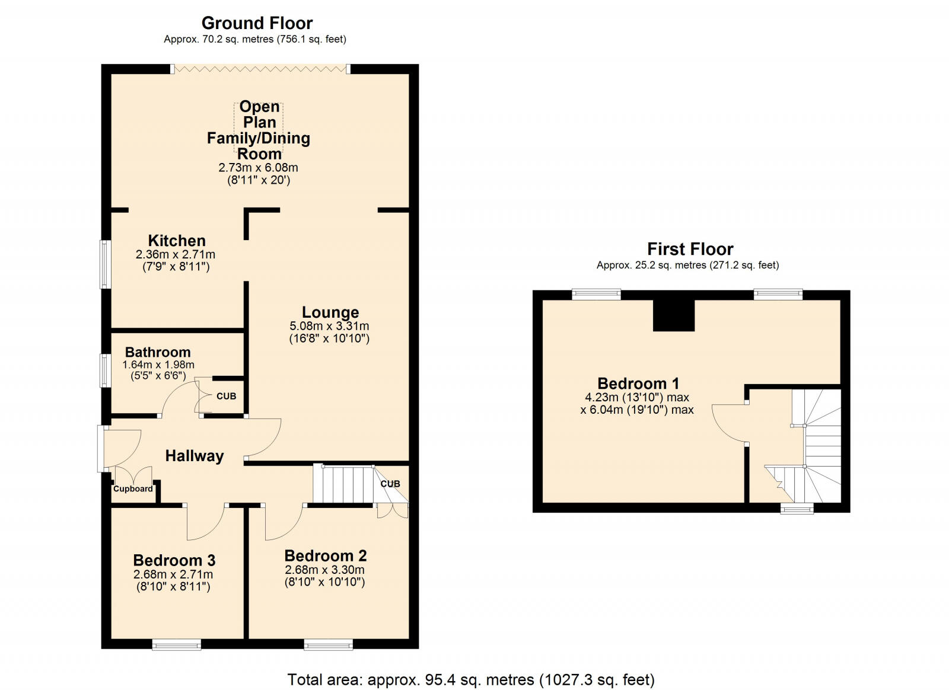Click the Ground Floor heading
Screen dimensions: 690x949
257,23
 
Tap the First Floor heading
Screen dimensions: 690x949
690,249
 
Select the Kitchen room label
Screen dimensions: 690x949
177,241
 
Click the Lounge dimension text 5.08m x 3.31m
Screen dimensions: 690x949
329,326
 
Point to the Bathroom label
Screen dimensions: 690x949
158,352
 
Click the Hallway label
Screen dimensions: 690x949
195,456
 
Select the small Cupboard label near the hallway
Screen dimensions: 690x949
133,488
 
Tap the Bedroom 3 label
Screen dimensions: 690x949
174,560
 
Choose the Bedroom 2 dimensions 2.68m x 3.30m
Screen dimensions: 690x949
324,570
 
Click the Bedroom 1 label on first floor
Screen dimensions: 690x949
638,384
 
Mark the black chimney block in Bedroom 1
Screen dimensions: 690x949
674,315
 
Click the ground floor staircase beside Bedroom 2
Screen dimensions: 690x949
343,485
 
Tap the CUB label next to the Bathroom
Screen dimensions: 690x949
226,396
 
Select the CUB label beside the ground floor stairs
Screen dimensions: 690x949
390,484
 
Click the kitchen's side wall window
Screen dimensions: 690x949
106,264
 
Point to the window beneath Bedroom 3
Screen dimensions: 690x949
176,644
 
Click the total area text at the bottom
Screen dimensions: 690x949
471,679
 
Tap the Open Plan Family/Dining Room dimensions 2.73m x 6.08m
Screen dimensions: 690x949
259,168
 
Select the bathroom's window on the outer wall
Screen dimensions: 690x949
106,370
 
